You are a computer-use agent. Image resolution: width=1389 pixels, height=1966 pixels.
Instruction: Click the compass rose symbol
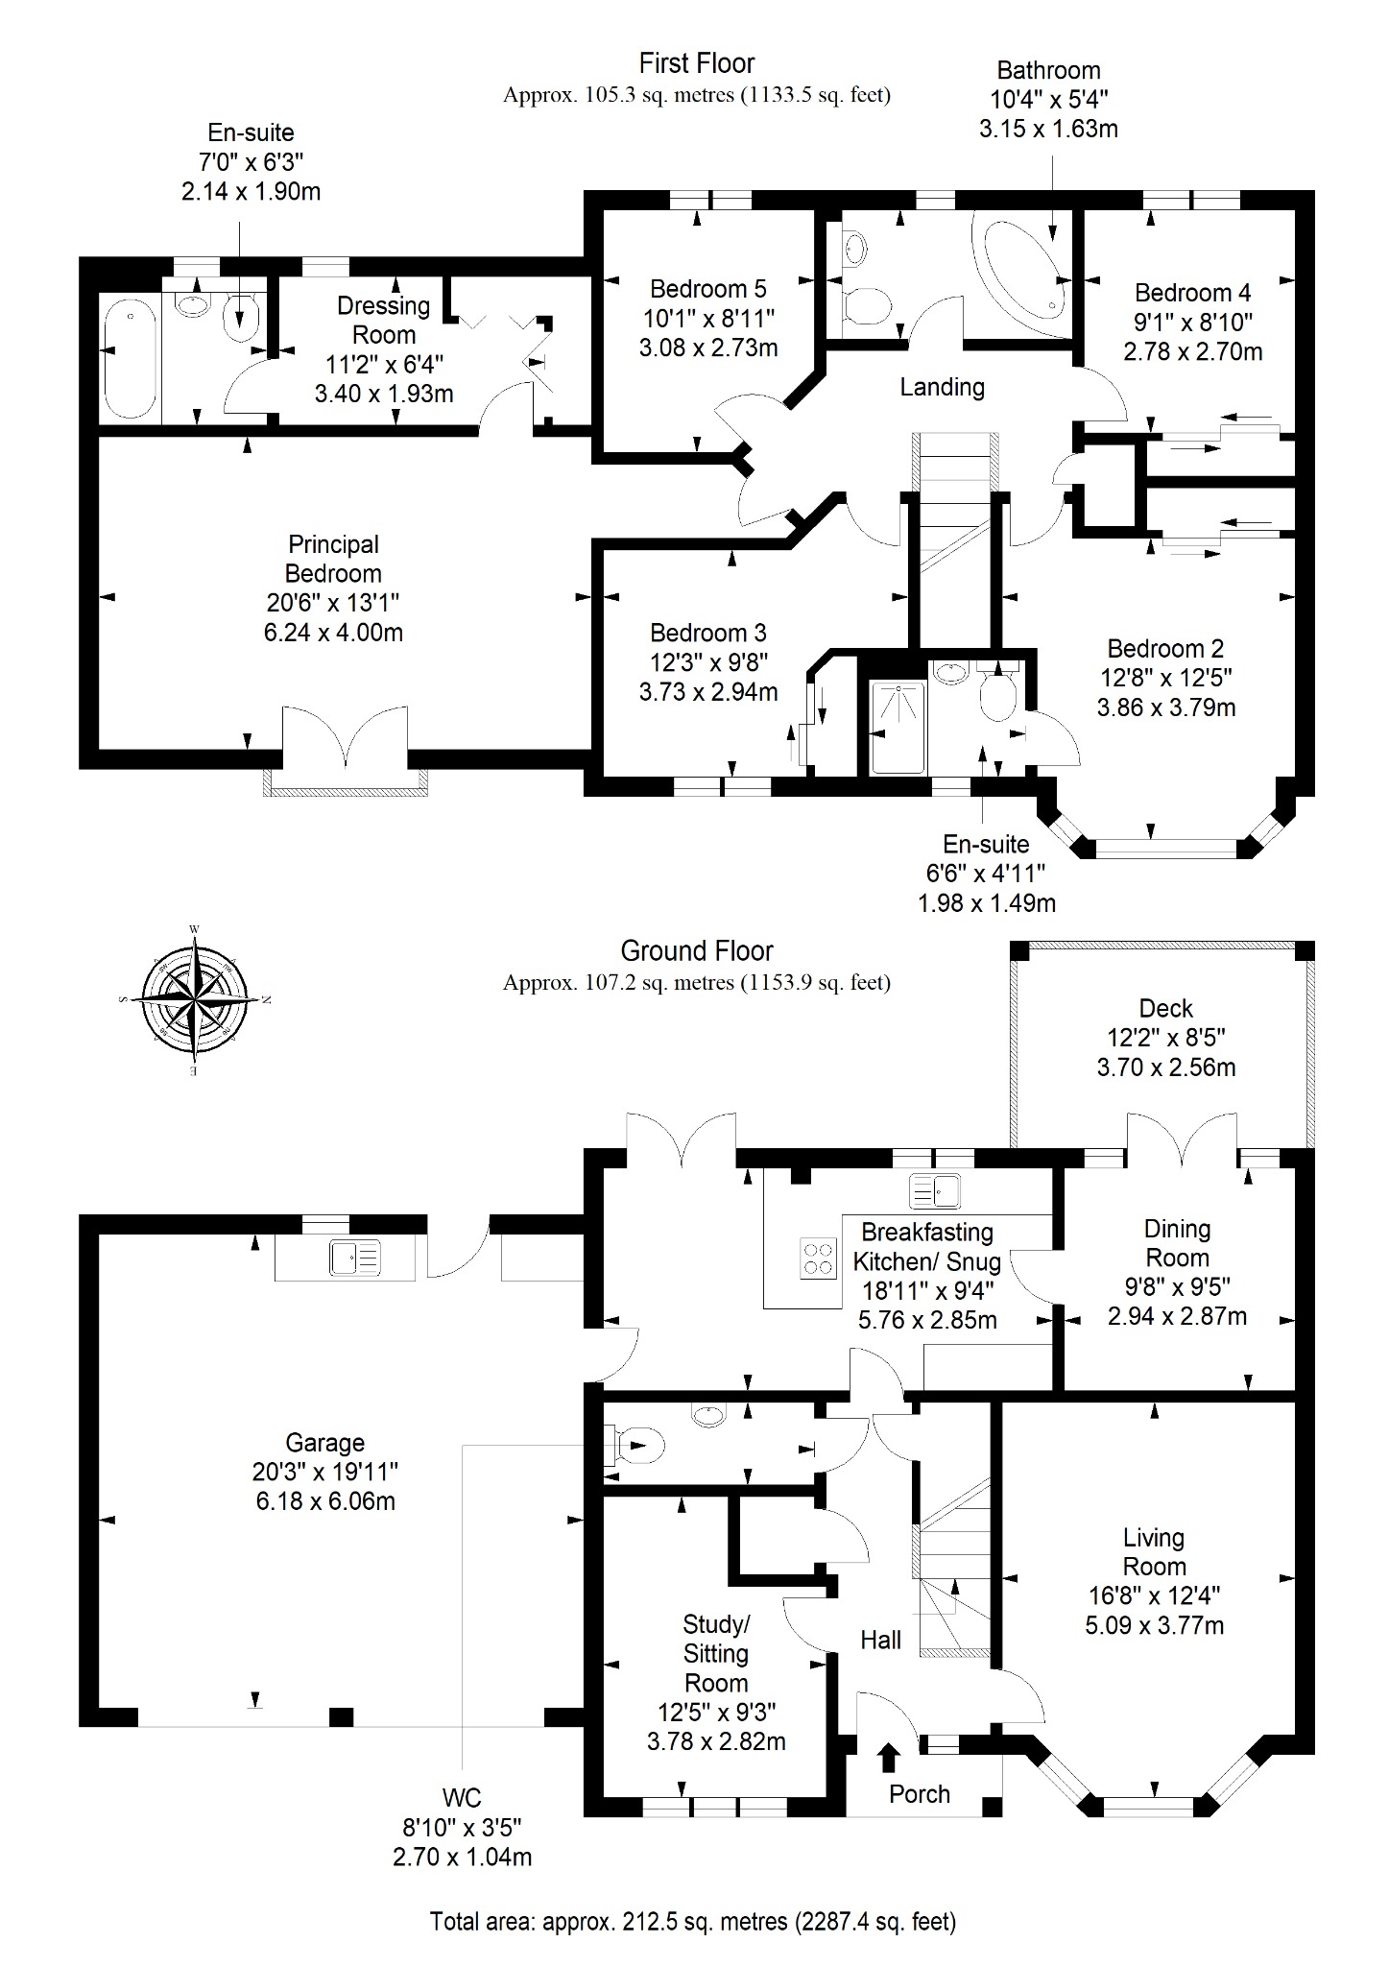(x=194, y=1000)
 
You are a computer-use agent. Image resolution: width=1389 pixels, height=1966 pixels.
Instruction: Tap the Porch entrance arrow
(x=889, y=1758)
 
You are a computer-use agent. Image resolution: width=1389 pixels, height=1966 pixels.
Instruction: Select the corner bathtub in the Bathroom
(x=1019, y=267)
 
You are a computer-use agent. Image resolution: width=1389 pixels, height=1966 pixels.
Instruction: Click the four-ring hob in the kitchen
(x=819, y=1258)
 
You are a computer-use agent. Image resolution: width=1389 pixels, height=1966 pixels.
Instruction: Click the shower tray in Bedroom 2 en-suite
(x=898, y=728)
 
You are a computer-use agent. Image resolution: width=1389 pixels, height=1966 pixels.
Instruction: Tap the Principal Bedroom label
(x=334, y=559)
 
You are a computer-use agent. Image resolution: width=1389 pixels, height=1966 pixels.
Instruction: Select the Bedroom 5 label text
(x=708, y=289)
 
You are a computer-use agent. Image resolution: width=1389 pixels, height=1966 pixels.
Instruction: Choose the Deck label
(x=1166, y=1008)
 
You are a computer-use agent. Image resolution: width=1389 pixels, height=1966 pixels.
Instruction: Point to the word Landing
(x=942, y=387)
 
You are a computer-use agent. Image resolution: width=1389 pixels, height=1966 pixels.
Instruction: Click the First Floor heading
(x=697, y=63)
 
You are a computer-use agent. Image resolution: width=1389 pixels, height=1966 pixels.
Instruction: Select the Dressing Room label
(x=384, y=321)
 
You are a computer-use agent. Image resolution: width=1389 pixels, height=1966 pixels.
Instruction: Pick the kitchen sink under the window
(x=935, y=1191)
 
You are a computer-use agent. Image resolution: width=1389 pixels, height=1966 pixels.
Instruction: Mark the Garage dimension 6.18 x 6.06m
(x=325, y=1501)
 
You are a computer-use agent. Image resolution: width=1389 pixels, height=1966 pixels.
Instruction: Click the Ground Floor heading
(x=697, y=951)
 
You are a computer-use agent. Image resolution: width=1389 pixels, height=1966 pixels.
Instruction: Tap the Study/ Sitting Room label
(x=716, y=1653)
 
